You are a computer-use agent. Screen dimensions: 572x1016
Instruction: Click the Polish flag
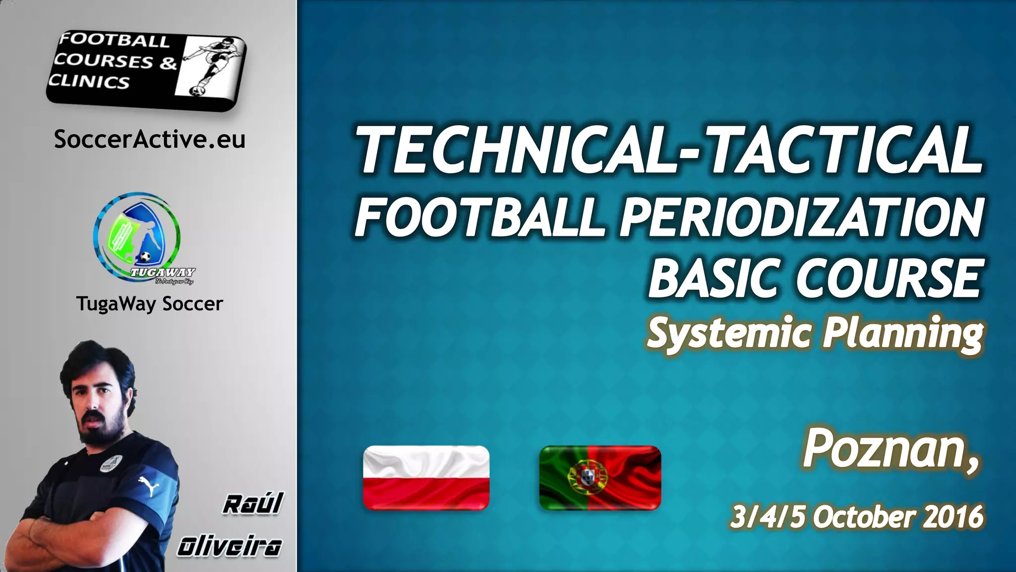426,478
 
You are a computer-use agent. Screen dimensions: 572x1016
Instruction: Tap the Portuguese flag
600,478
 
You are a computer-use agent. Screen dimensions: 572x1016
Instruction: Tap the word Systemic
730,334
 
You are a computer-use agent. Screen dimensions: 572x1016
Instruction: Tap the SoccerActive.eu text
149,140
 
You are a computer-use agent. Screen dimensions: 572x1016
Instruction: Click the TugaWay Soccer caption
149,303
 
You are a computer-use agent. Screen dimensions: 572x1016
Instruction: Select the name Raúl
252,504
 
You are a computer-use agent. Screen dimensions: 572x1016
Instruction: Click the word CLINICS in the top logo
90,81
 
